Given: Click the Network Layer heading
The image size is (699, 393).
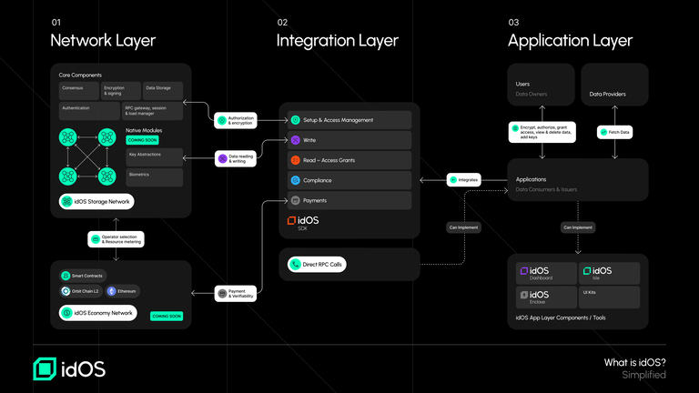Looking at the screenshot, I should click(x=102, y=40).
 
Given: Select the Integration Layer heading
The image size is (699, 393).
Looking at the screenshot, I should click(x=337, y=40).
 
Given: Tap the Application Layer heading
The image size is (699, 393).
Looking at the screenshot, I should click(x=570, y=40).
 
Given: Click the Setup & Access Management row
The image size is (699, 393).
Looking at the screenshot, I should click(x=349, y=120).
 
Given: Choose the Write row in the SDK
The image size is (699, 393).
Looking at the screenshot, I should click(x=349, y=140).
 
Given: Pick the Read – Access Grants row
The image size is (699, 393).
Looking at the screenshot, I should click(x=349, y=160).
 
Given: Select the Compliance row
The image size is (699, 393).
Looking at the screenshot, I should click(x=349, y=180).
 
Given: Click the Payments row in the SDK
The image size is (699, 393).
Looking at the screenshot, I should click(x=349, y=200).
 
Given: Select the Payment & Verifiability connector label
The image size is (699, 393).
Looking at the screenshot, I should click(x=236, y=293).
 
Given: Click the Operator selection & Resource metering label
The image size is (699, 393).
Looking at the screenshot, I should click(x=116, y=240).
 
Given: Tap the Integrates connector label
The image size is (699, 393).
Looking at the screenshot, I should click(x=464, y=180).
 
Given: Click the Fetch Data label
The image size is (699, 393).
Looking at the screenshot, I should click(x=614, y=133).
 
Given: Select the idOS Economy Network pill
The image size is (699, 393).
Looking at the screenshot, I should click(x=98, y=313).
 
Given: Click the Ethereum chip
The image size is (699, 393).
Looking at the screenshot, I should click(x=123, y=291).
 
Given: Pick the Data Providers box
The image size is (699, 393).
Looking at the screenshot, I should click(x=614, y=85).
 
